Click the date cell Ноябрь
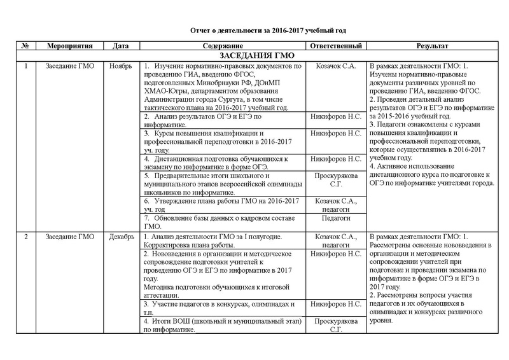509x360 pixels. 120,66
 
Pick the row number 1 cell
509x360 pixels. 24,66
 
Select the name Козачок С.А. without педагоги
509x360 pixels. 335,66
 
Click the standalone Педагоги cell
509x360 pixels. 335,218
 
